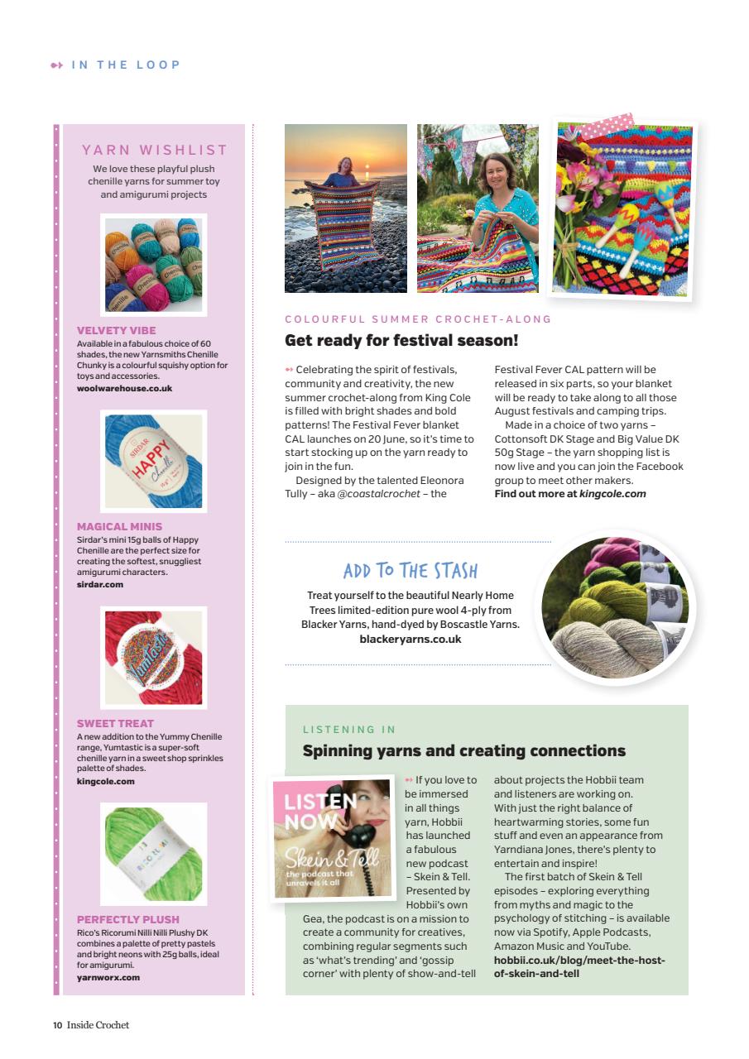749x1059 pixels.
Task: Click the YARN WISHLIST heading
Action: click(154, 150)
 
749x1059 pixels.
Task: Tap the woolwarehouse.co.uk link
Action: click(124, 388)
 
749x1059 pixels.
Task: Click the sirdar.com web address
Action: click(99, 584)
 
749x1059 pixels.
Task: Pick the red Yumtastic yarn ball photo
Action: click(154, 657)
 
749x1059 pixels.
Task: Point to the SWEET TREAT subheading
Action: click(115, 723)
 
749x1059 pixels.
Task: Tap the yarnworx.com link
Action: click(108, 977)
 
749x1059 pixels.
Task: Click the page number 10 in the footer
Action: click(58, 1025)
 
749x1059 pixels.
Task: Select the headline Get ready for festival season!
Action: click(401, 340)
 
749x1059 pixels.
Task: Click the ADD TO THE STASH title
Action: click(410, 571)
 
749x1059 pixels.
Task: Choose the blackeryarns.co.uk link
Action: click(410, 639)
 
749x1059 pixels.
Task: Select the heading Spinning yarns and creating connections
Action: click(463, 751)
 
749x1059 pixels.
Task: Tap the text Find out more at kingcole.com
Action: click(569, 494)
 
